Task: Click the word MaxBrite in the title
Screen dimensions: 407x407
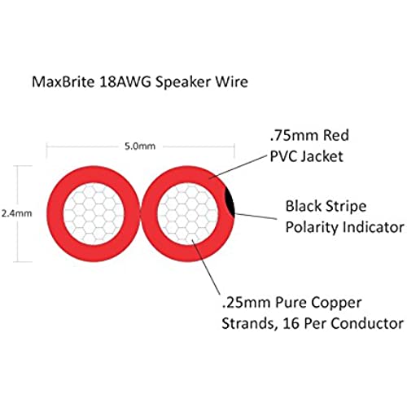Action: [x=63, y=81]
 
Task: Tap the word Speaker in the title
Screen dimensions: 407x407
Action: [x=183, y=82]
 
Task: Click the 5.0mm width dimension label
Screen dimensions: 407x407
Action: [x=140, y=147]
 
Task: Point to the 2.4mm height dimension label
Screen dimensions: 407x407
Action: [x=16, y=213]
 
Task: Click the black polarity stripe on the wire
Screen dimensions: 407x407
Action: [x=230, y=203]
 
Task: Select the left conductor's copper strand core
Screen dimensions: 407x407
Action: [x=94, y=213]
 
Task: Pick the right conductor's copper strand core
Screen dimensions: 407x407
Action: [x=187, y=213]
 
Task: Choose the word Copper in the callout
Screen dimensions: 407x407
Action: [x=336, y=304]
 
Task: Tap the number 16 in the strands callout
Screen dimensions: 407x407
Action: [x=291, y=323]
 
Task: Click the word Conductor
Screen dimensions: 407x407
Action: [x=367, y=323]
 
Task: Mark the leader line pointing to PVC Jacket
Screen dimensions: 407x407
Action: [x=239, y=167]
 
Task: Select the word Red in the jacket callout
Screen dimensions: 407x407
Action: [x=336, y=136]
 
